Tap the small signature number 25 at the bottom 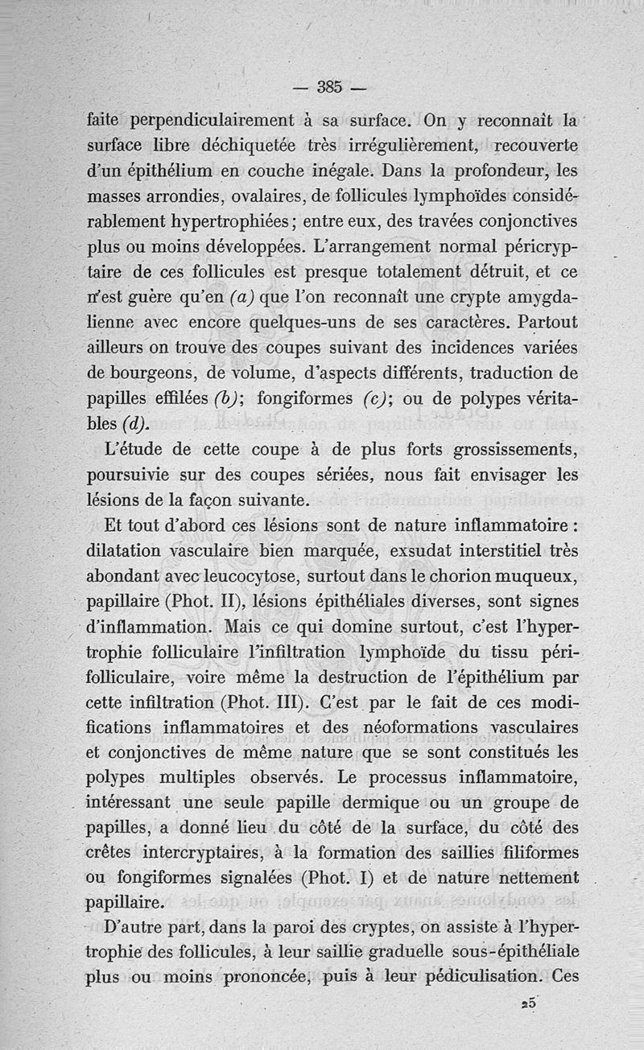pos(529,1004)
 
